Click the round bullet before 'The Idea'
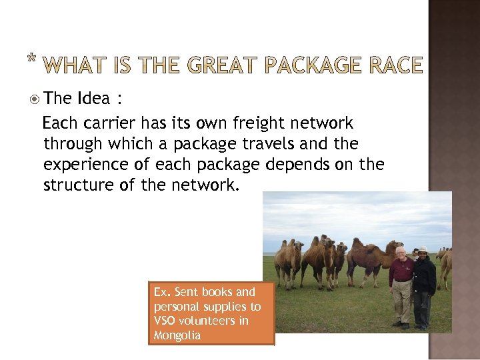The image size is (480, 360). click(x=35, y=99)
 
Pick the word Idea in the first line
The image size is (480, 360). click(x=93, y=99)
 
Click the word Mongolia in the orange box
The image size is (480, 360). click(x=177, y=335)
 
